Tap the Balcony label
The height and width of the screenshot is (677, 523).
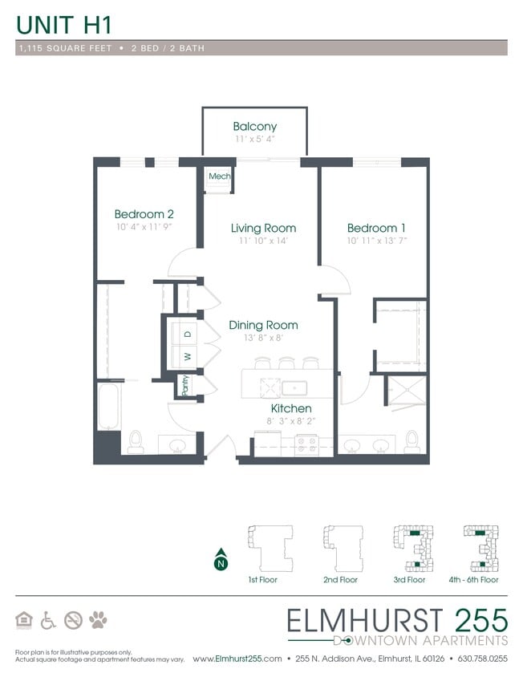point(255,126)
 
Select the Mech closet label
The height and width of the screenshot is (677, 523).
point(219,176)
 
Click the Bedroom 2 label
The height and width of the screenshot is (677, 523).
point(144,214)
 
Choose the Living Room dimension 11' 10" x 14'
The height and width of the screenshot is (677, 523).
point(262,241)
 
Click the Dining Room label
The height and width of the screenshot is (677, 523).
point(263,325)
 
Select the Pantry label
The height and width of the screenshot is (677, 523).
point(185,386)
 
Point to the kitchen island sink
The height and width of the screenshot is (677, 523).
point(294,388)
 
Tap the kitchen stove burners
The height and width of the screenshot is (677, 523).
point(307,444)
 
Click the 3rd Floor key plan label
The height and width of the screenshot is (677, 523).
point(409,579)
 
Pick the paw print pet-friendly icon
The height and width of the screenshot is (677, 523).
point(98,619)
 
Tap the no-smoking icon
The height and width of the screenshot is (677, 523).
point(73,619)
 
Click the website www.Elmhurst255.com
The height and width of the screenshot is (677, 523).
point(237,659)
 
